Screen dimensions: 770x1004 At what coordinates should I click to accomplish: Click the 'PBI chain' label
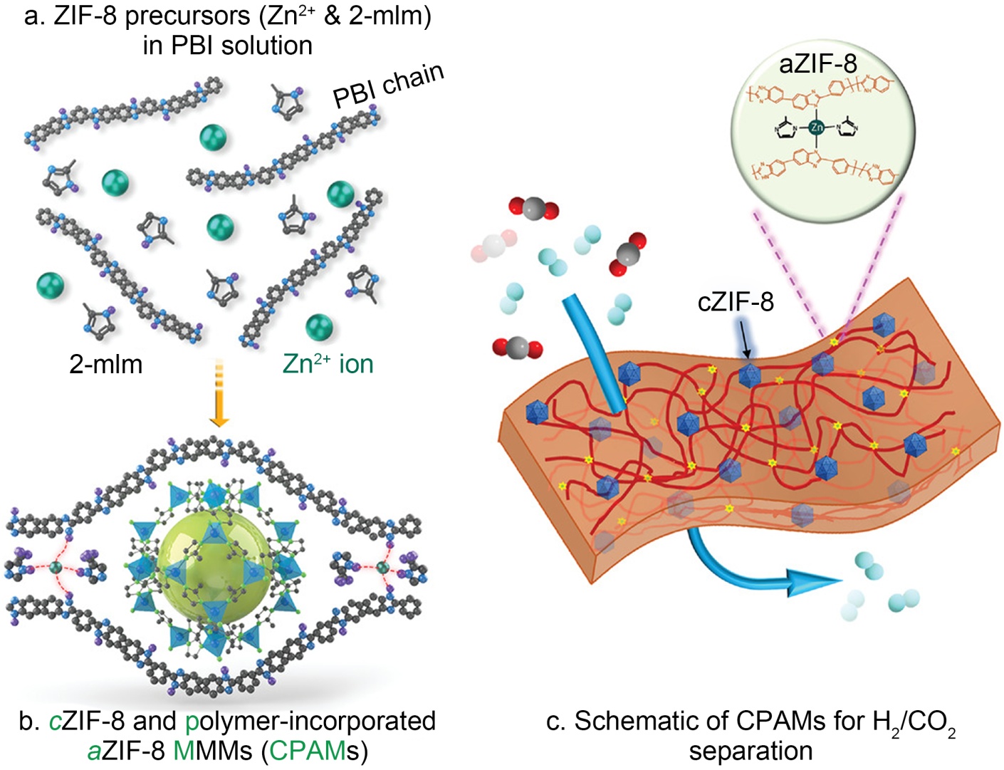389,85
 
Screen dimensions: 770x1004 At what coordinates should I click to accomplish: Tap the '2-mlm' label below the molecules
105,364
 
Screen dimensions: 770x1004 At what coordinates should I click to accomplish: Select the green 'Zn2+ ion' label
328,364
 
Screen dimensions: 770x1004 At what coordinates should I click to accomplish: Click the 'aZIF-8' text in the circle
817,64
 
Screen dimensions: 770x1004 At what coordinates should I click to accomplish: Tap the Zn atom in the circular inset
817,128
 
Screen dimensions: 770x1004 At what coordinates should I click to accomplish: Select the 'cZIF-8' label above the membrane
735,302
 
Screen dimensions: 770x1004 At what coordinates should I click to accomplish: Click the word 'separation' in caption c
751,751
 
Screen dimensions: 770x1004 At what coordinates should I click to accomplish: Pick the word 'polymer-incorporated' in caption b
310,722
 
